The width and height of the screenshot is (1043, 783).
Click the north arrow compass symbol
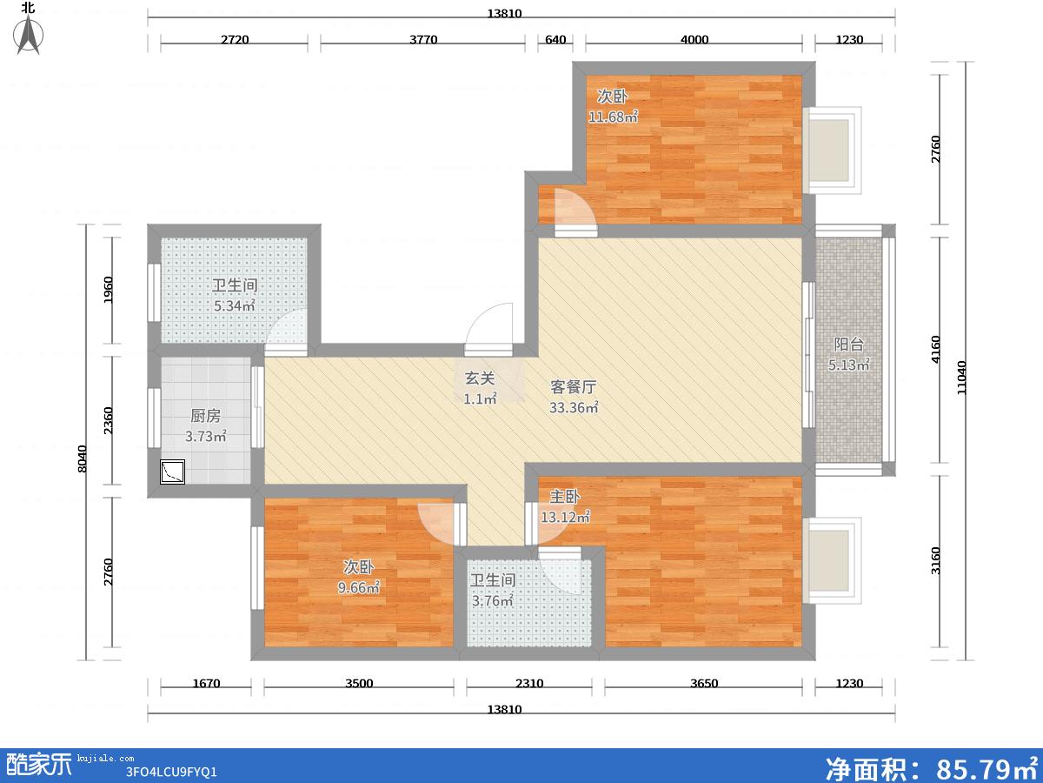(28, 34)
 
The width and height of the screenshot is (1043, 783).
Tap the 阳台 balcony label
(848, 345)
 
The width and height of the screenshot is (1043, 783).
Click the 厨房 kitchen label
(206, 416)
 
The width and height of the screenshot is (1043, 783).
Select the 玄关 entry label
(480, 378)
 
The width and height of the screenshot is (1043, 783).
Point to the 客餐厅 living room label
(574, 387)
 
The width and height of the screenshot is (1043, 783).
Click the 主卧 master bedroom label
(565, 497)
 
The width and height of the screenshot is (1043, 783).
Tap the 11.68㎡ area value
(614, 117)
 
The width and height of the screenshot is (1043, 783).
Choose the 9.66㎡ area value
(359, 587)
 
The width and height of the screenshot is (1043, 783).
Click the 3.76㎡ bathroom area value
(493, 601)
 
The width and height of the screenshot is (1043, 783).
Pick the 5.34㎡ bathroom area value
(235, 305)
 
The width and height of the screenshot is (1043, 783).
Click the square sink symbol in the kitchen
(172, 472)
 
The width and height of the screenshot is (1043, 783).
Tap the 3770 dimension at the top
(423, 39)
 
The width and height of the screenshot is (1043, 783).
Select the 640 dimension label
(555, 39)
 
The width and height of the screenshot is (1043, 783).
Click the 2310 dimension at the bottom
(529, 683)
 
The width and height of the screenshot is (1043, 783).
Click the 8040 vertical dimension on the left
(83, 458)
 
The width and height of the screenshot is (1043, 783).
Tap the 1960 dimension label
(109, 290)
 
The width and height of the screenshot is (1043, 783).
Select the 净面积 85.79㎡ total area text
(932, 768)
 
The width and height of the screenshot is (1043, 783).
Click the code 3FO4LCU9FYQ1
(171, 772)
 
